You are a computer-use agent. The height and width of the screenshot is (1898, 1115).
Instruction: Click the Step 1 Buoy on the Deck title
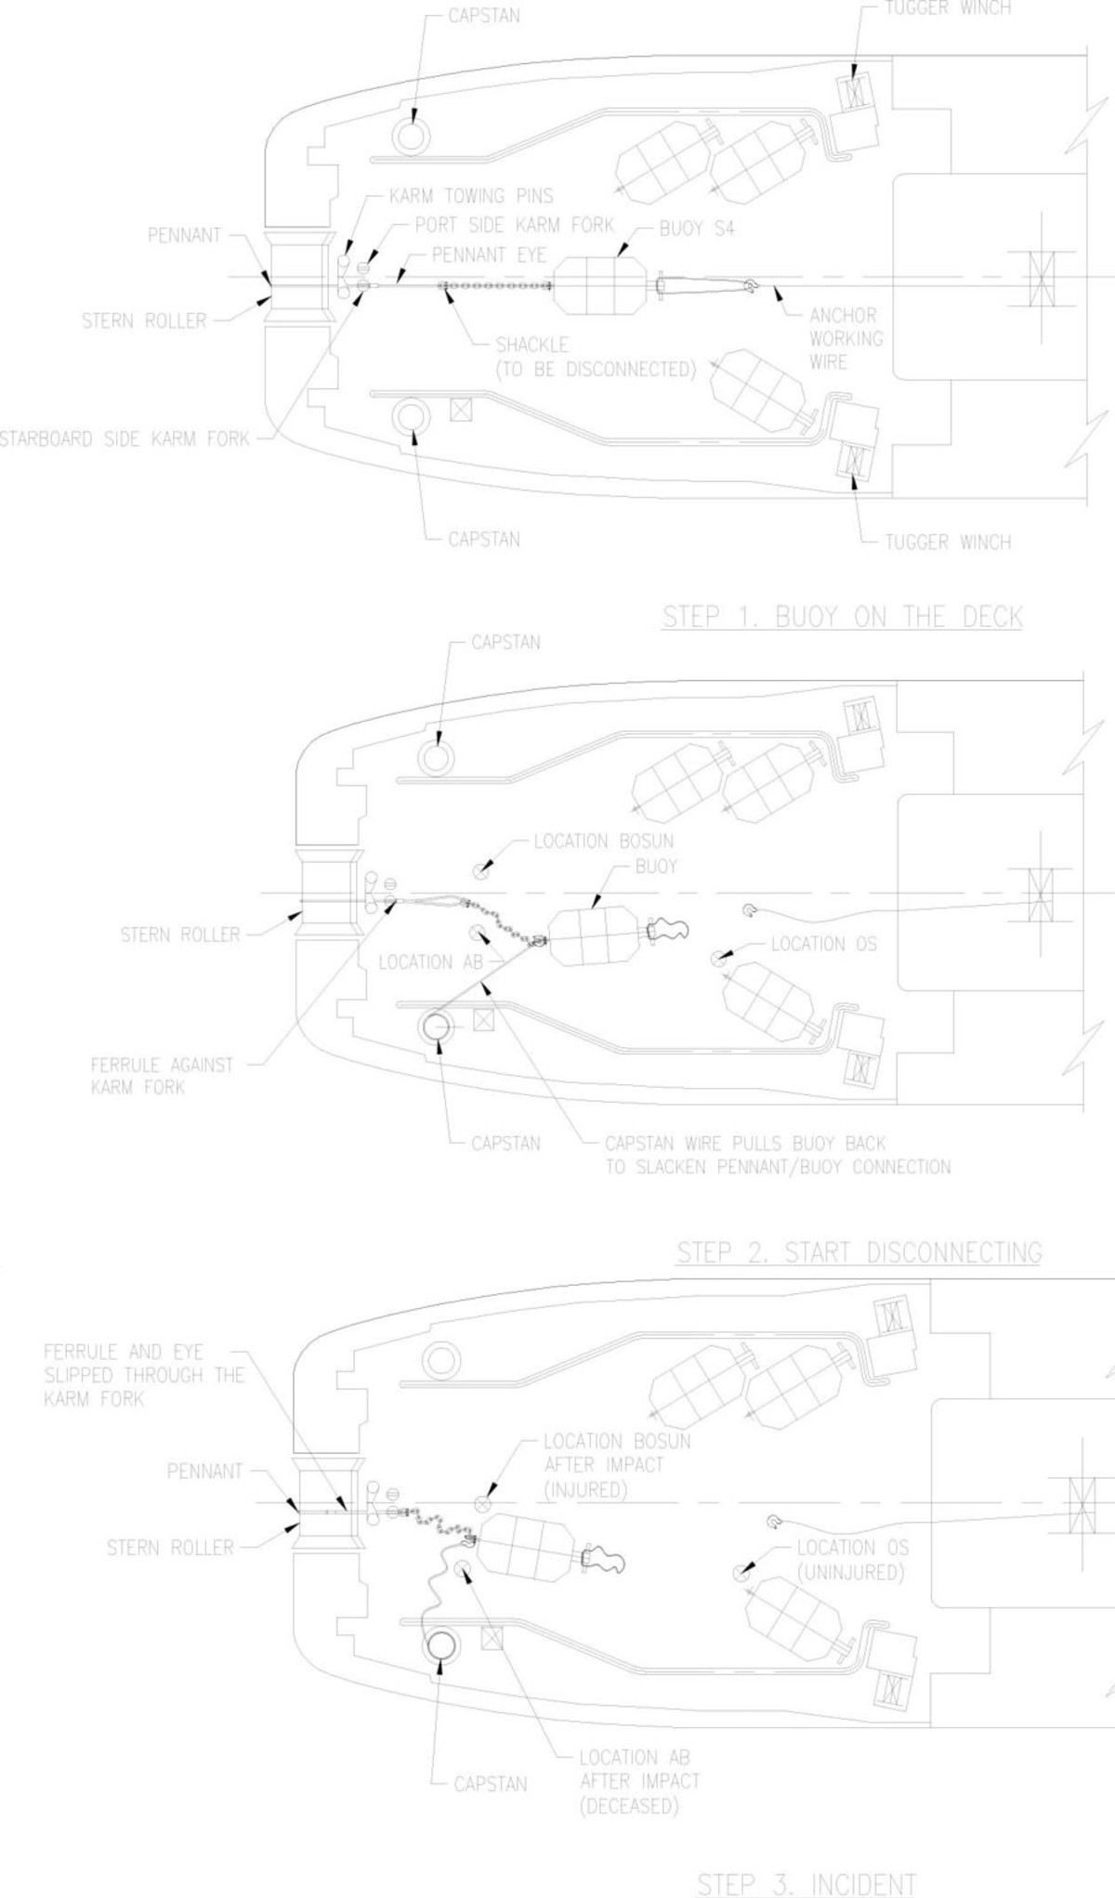[842, 617]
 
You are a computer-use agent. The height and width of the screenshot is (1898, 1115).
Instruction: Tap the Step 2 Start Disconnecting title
[859, 1252]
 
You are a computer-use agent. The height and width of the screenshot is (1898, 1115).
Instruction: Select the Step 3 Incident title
[806, 1884]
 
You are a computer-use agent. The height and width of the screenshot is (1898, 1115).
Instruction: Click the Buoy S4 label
[696, 229]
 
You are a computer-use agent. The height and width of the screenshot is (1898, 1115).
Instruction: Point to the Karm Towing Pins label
[470, 196]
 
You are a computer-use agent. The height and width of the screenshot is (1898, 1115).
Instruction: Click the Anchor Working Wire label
[846, 338]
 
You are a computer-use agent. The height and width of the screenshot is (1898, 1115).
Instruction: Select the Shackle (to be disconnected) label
[595, 357]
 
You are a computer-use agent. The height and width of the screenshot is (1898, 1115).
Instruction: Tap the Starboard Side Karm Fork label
[124, 439]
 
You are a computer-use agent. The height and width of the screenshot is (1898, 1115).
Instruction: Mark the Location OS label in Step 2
[823, 944]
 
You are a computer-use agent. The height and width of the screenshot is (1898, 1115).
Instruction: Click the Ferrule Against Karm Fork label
[162, 1076]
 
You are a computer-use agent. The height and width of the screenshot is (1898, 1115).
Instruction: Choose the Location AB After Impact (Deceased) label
[638, 1782]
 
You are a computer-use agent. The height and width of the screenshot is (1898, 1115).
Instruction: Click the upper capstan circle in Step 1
[410, 136]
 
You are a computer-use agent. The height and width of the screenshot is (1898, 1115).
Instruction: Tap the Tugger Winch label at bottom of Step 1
[947, 542]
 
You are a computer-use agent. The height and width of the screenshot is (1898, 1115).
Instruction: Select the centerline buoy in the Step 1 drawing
[600, 285]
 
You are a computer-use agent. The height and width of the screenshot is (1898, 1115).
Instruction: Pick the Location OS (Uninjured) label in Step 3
[851, 1559]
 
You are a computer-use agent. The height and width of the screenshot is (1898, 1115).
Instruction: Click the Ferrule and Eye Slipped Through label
[143, 1375]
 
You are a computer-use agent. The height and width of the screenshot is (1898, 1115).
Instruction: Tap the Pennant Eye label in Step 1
[489, 255]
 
